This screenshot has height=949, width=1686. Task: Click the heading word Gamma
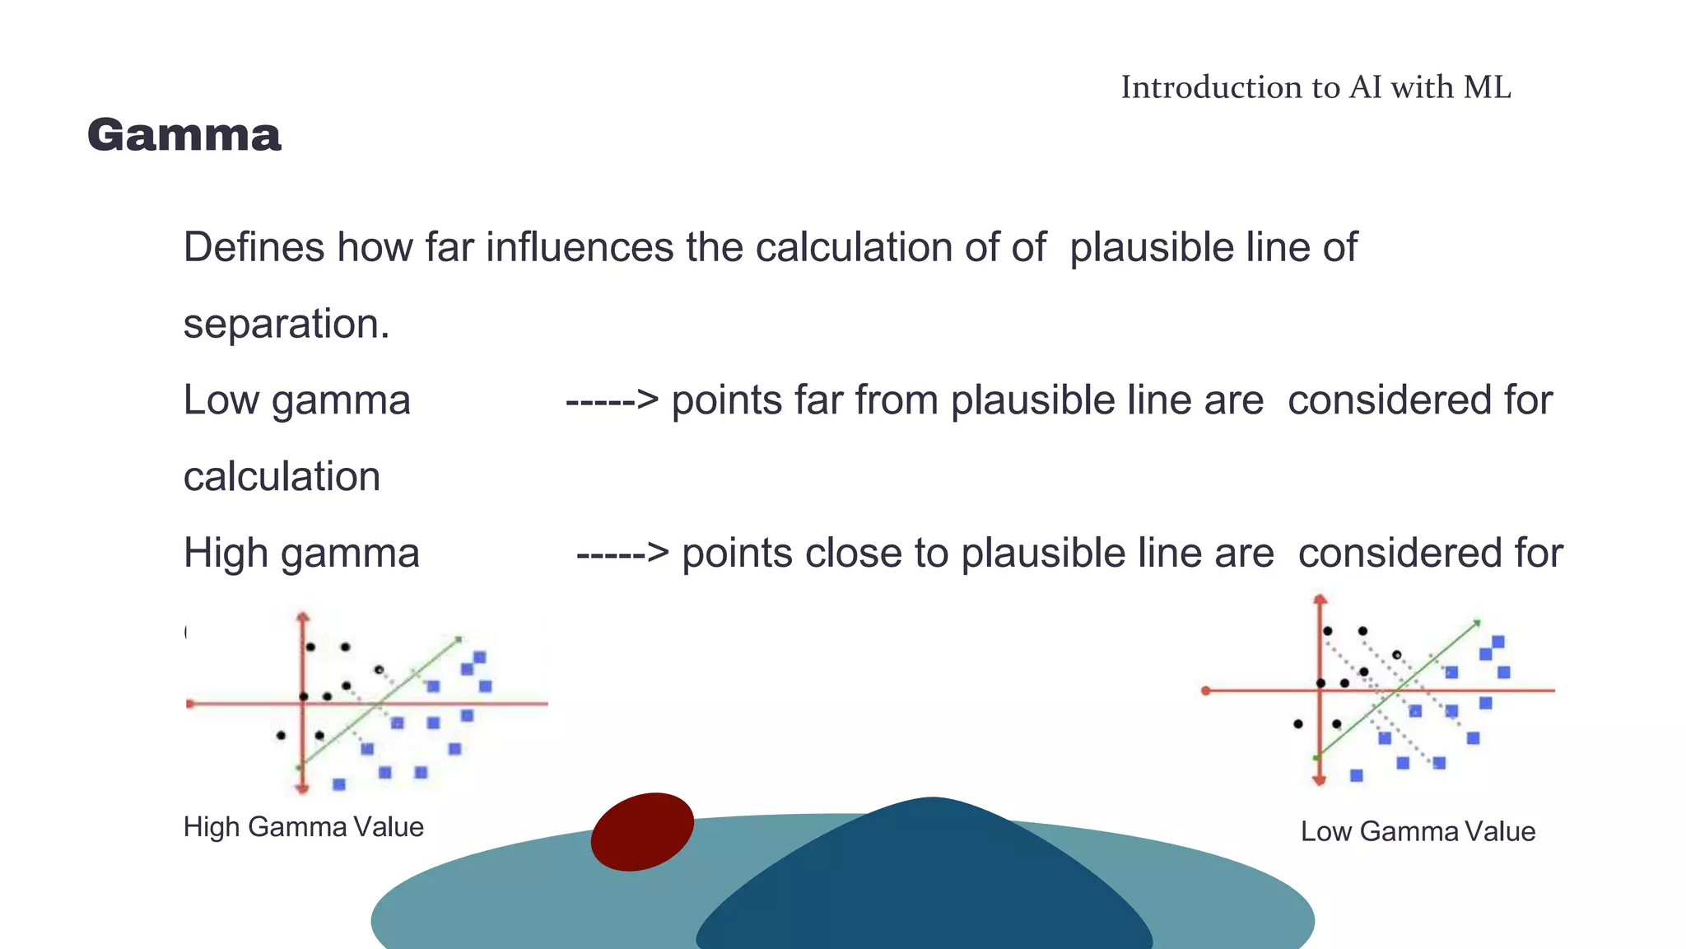[x=184, y=135]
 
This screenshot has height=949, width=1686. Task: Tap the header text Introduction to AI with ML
[x=1315, y=87]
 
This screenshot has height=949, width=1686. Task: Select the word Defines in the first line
[x=254, y=247]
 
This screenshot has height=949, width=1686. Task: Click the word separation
[x=286, y=324]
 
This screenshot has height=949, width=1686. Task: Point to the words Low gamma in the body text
[x=296, y=401]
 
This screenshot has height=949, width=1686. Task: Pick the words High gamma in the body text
[x=301, y=554]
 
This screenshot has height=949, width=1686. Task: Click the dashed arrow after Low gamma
[x=612, y=401]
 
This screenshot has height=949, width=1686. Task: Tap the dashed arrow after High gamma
[x=622, y=554]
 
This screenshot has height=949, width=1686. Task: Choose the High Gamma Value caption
[x=303, y=827]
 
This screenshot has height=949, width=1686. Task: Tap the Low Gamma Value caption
[x=1418, y=831]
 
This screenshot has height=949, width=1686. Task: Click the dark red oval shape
[x=642, y=831]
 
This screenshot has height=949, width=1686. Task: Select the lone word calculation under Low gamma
[x=282, y=477]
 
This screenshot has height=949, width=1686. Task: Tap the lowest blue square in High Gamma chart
[x=339, y=784]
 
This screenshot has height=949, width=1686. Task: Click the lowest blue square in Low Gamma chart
[x=1357, y=775]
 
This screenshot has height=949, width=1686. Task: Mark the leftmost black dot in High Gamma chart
[x=281, y=735]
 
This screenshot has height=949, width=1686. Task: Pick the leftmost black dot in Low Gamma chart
[x=1298, y=724]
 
